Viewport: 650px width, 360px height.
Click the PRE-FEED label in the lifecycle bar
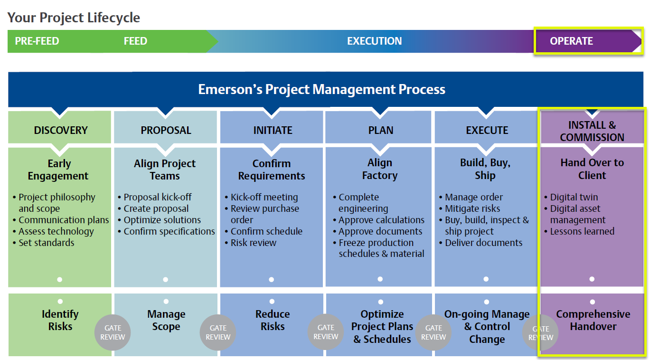pyautogui.click(x=37, y=41)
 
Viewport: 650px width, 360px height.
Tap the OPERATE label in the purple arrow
pyautogui.click(x=571, y=41)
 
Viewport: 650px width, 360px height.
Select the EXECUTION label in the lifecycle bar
pyautogui.click(x=374, y=41)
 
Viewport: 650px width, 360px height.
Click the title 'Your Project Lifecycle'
pyautogui.click(x=74, y=18)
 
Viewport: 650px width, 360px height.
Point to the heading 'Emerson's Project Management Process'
pyautogui.click(x=321, y=89)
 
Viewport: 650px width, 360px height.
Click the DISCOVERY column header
pyautogui.click(x=61, y=130)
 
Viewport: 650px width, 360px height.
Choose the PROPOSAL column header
pyautogui.click(x=166, y=130)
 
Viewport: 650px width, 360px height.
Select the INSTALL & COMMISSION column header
pyautogui.click(x=592, y=131)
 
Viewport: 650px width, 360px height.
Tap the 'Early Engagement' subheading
pyautogui.click(x=58, y=170)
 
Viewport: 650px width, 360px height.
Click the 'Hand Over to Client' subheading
pyautogui.click(x=592, y=169)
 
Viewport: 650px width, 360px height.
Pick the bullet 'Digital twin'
pyautogui.click(x=571, y=197)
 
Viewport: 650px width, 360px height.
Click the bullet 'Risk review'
pyautogui.click(x=250, y=243)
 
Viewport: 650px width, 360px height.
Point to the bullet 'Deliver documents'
pyautogui.click(x=480, y=243)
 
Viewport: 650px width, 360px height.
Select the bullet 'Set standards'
pyautogui.click(x=43, y=243)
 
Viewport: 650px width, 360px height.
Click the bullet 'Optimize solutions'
pyautogui.click(x=159, y=220)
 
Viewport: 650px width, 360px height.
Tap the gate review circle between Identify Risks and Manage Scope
pyautogui.click(x=113, y=332)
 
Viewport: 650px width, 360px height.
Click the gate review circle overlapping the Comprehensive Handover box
pyautogui.click(x=540, y=332)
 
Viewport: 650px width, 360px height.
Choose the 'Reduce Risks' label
pyautogui.click(x=273, y=320)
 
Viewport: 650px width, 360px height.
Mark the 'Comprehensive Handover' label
pyautogui.click(x=593, y=320)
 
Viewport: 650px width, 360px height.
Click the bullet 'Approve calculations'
pyautogui.click(x=378, y=220)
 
